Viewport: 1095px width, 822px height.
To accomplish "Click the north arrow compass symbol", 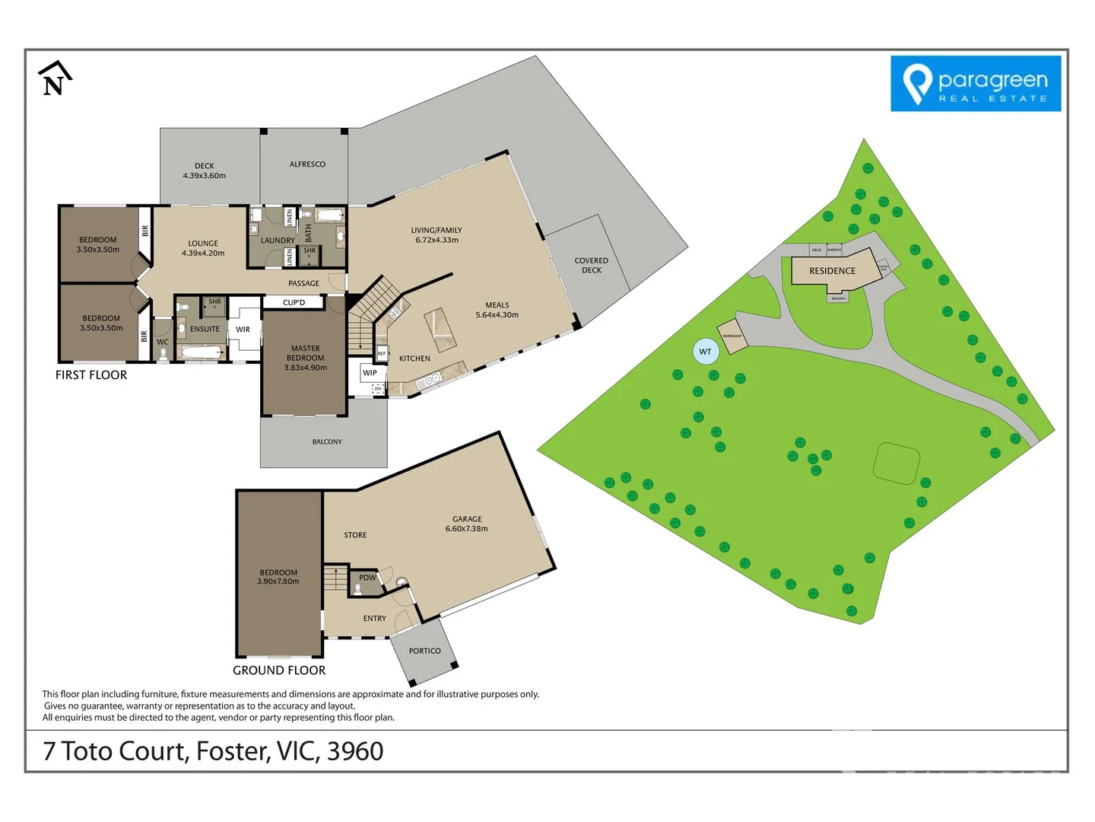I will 54,78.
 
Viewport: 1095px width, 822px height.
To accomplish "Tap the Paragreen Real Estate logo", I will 975,84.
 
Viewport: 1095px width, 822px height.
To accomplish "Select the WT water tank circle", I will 705,352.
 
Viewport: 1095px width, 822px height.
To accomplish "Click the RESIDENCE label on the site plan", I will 832,271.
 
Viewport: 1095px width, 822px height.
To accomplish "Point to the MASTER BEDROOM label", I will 305,358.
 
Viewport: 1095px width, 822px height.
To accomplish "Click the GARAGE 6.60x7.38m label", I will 466,524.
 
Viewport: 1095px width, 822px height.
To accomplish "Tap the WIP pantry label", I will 370,373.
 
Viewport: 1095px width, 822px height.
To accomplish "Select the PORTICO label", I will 424,651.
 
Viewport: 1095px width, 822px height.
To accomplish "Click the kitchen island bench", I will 440,328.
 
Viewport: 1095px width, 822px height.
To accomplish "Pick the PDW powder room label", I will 367,578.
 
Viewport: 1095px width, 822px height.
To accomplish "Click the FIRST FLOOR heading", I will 91,375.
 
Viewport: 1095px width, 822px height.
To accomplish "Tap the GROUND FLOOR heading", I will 279,671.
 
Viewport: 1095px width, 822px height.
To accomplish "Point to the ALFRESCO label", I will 307,164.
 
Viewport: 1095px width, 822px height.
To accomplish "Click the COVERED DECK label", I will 591,265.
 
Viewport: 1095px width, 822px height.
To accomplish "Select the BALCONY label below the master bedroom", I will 327,441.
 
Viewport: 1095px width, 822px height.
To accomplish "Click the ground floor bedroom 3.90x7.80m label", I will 278,577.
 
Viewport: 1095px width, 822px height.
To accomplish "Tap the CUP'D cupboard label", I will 294,303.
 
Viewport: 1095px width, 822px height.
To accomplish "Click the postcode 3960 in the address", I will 355,751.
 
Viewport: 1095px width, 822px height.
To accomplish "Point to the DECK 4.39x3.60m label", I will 204,170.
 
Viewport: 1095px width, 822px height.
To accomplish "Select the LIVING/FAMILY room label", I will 436,235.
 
